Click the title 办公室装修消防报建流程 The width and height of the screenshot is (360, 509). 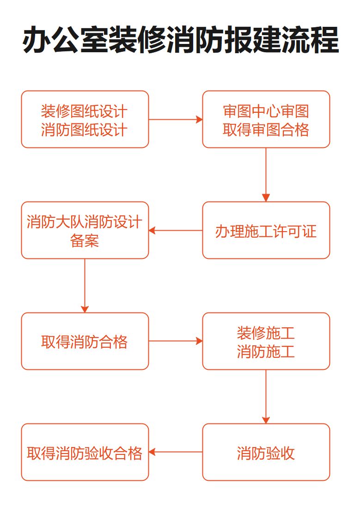click(180, 40)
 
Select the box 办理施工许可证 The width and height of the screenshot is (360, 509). click(266, 231)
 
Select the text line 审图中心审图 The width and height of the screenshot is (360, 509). click(266, 111)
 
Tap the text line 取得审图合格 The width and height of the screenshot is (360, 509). click(266, 130)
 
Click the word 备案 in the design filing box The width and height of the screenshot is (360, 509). click(85, 241)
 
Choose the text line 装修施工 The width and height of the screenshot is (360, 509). click(266, 333)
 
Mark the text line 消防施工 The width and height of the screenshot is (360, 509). click(266, 352)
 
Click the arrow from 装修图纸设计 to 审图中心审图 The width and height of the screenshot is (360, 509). click(176, 119)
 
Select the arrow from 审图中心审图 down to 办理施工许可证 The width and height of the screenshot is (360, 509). click(266, 175)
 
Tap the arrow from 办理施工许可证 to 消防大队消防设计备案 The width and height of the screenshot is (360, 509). click(176, 230)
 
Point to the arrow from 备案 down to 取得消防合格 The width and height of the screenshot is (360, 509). click(85, 286)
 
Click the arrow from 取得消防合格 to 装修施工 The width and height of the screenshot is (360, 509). click(176, 341)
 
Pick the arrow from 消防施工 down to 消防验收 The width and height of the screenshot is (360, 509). click(266, 397)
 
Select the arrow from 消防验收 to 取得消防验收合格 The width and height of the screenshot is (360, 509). click(176, 452)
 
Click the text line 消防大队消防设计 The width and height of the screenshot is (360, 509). click(85, 222)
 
